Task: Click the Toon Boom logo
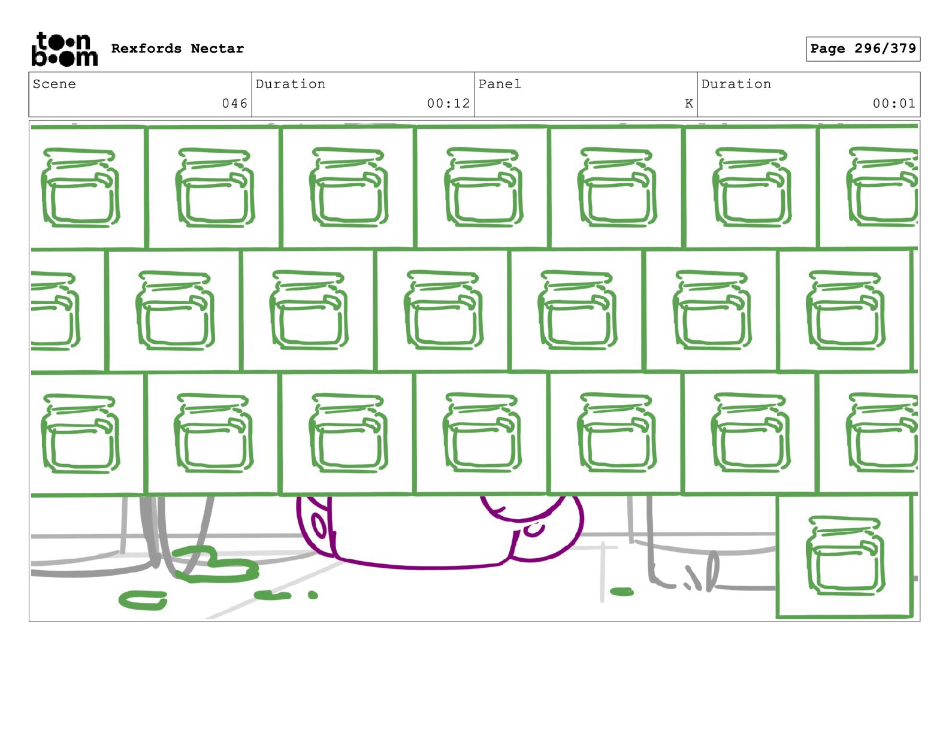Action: click(64, 49)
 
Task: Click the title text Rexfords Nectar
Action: click(177, 49)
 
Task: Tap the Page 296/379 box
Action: click(863, 49)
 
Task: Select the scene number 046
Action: click(234, 104)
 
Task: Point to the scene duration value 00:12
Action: click(448, 104)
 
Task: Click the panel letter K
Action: click(689, 104)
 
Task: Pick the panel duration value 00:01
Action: click(894, 104)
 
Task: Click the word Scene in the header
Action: click(55, 84)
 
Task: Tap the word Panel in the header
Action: click(500, 84)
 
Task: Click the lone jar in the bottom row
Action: click(845, 556)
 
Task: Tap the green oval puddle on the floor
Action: click(143, 599)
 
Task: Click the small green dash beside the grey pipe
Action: click(621, 592)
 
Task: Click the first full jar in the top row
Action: click(80, 187)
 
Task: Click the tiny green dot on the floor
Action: click(313, 595)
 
